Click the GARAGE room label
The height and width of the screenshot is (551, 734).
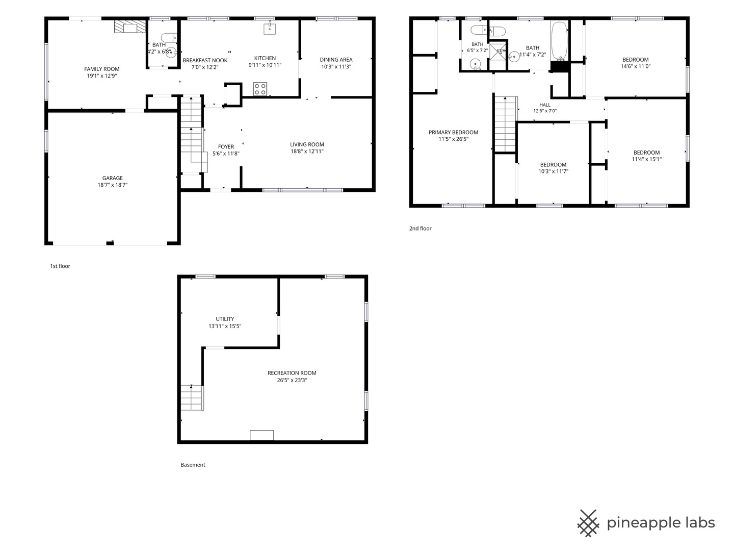click(112, 178)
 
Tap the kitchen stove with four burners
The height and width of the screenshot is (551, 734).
click(260, 89)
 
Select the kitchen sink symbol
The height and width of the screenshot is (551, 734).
click(270, 29)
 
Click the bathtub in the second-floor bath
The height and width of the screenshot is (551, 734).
click(559, 41)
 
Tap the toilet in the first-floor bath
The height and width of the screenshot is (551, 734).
click(168, 37)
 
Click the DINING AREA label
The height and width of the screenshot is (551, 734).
click(336, 60)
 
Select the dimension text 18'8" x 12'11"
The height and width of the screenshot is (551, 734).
click(307, 151)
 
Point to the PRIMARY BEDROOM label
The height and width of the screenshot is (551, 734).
click(454, 132)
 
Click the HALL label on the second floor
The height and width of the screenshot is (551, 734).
click(545, 105)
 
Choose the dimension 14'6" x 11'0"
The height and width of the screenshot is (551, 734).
click(635, 66)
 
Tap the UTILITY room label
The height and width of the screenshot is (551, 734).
click(225, 319)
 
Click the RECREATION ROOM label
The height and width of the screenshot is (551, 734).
click(292, 372)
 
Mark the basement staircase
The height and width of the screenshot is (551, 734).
click(192, 397)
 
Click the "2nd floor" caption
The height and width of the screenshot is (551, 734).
click(421, 228)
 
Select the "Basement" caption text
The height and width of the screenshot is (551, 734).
click(193, 465)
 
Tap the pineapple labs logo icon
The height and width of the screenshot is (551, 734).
click(588, 523)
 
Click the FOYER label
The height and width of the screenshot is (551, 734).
click(226, 146)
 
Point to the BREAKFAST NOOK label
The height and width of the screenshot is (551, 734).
click(205, 60)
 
